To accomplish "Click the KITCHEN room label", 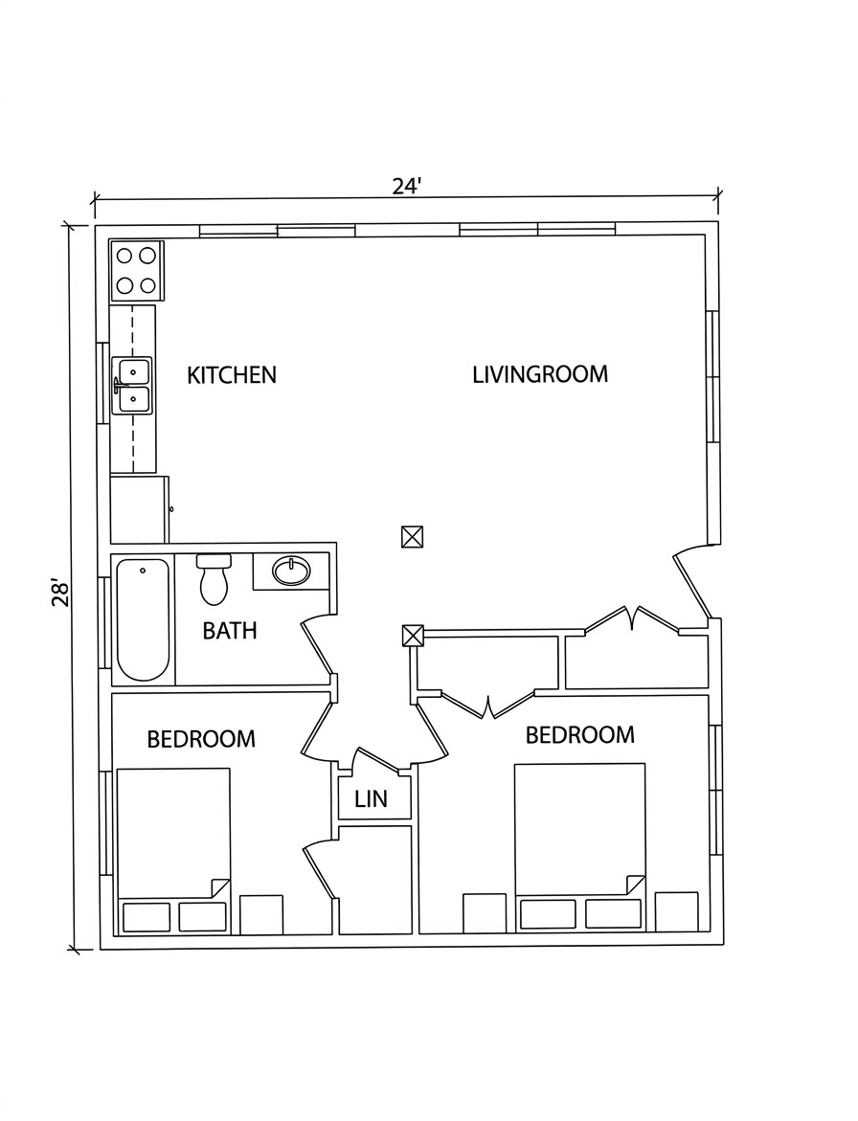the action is pyautogui.click(x=232, y=375).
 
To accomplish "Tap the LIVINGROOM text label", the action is pyautogui.click(x=540, y=374).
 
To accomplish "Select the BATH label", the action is pyautogui.click(x=230, y=631).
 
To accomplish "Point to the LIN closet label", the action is pyautogui.click(x=372, y=798).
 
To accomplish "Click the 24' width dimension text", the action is pyautogui.click(x=407, y=186).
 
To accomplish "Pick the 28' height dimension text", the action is pyautogui.click(x=60, y=593).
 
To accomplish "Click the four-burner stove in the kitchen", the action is pyautogui.click(x=137, y=270).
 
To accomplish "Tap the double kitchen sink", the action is pyautogui.click(x=134, y=386).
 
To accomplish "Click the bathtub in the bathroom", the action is pyautogui.click(x=143, y=619).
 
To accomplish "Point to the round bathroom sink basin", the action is pyautogui.click(x=291, y=572).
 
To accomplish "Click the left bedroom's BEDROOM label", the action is pyautogui.click(x=201, y=738).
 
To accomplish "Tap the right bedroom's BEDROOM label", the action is pyautogui.click(x=580, y=735).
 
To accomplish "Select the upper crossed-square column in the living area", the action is pyautogui.click(x=412, y=537).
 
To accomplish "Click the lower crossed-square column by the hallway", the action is pyautogui.click(x=413, y=636).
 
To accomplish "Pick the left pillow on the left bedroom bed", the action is pyautogui.click(x=147, y=917).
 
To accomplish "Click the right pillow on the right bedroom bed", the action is pyautogui.click(x=614, y=913).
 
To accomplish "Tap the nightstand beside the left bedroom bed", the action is pyautogui.click(x=261, y=914).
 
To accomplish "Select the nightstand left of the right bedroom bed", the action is pyautogui.click(x=485, y=913).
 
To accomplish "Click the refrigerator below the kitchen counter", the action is pyautogui.click(x=140, y=509).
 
